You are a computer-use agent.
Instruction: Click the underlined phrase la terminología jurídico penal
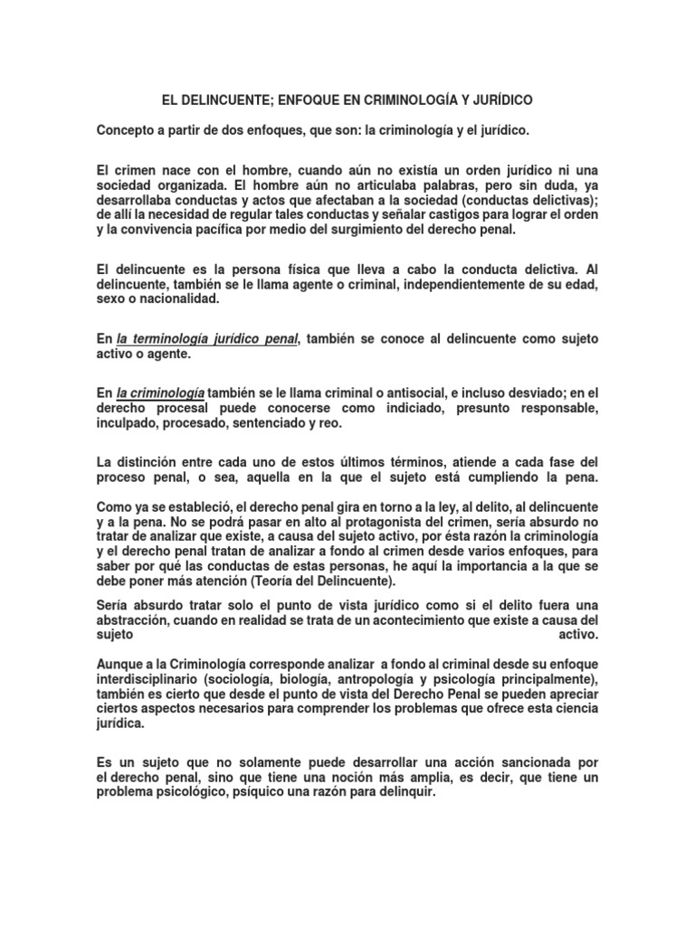(207, 338)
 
